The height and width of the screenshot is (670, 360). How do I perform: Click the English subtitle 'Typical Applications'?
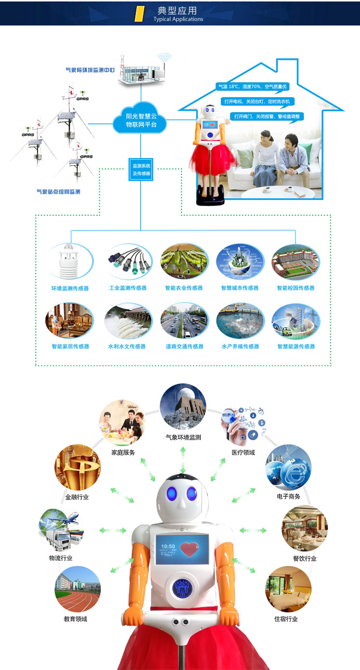tap(178, 19)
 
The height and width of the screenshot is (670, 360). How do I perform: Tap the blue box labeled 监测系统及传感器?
tap(141, 169)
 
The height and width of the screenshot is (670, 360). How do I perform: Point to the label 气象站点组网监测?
tap(58, 192)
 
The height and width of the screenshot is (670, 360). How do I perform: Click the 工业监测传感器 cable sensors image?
tap(128, 261)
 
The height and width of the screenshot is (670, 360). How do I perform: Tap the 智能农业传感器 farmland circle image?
tap(184, 261)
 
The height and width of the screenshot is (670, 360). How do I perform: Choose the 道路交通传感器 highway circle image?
tap(184, 320)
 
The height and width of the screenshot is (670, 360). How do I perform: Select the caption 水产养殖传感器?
tap(240, 346)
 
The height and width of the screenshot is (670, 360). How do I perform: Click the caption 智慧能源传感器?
tap(296, 346)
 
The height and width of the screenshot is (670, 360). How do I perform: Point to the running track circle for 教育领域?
tap(77, 589)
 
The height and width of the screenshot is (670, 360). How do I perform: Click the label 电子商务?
tap(289, 497)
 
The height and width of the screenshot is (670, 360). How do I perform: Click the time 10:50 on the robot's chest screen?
tap(168, 547)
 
